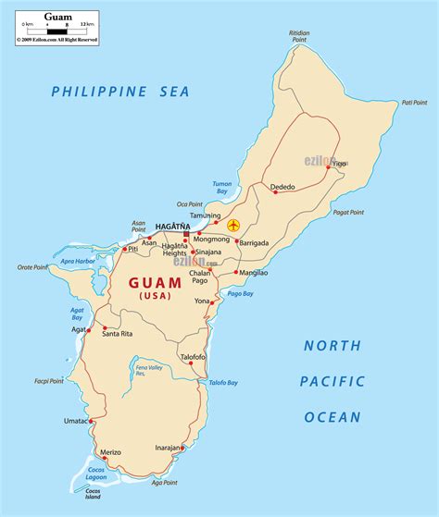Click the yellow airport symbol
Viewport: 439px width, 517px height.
[232, 225]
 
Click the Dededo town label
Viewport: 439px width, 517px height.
[282, 187]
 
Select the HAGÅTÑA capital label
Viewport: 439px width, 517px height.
[172, 226]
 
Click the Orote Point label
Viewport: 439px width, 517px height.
[32, 267]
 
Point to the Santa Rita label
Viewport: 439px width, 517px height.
[118, 334]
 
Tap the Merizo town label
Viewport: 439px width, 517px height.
[111, 451]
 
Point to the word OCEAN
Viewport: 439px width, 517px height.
[332, 417]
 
